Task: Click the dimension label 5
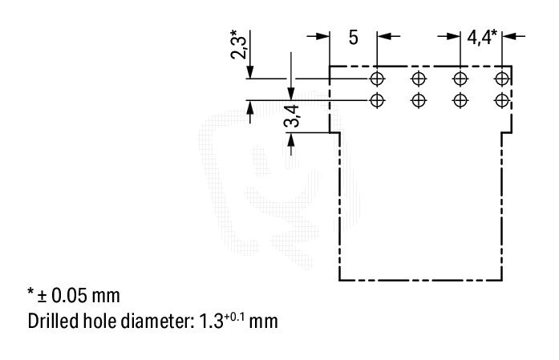(353, 37)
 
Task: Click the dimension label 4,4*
(483, 37)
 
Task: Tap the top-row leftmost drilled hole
(377, 79)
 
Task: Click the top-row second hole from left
(419, 79)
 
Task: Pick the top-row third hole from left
(460, 79)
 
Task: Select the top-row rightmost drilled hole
(502, 79)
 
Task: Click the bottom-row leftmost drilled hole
(377, 100)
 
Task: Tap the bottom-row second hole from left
(419, 100)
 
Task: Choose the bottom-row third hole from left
(460, 100)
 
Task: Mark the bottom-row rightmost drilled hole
(502, 100)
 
